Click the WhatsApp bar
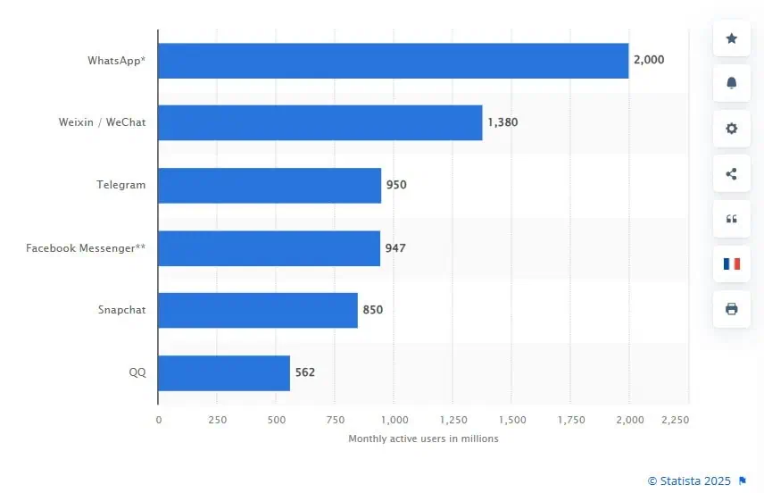point(394,61)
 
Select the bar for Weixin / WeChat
point(320,122)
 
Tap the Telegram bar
point(270,185)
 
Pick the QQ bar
point(224,372)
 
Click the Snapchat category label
point(121,310)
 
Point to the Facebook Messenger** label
point(86,247)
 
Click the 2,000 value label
point(649,60)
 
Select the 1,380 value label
point(502,122)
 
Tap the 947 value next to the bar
point(395,247)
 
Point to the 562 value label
point(304,372)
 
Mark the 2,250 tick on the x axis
point(676,420)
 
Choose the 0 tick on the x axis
point(159,420)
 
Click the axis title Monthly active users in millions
point(423,439)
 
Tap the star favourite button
point(732,38)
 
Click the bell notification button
point(732,83)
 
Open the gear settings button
point(732,129)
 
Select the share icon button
point(732,173)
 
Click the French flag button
point(732,263)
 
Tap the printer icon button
point(732,309)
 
